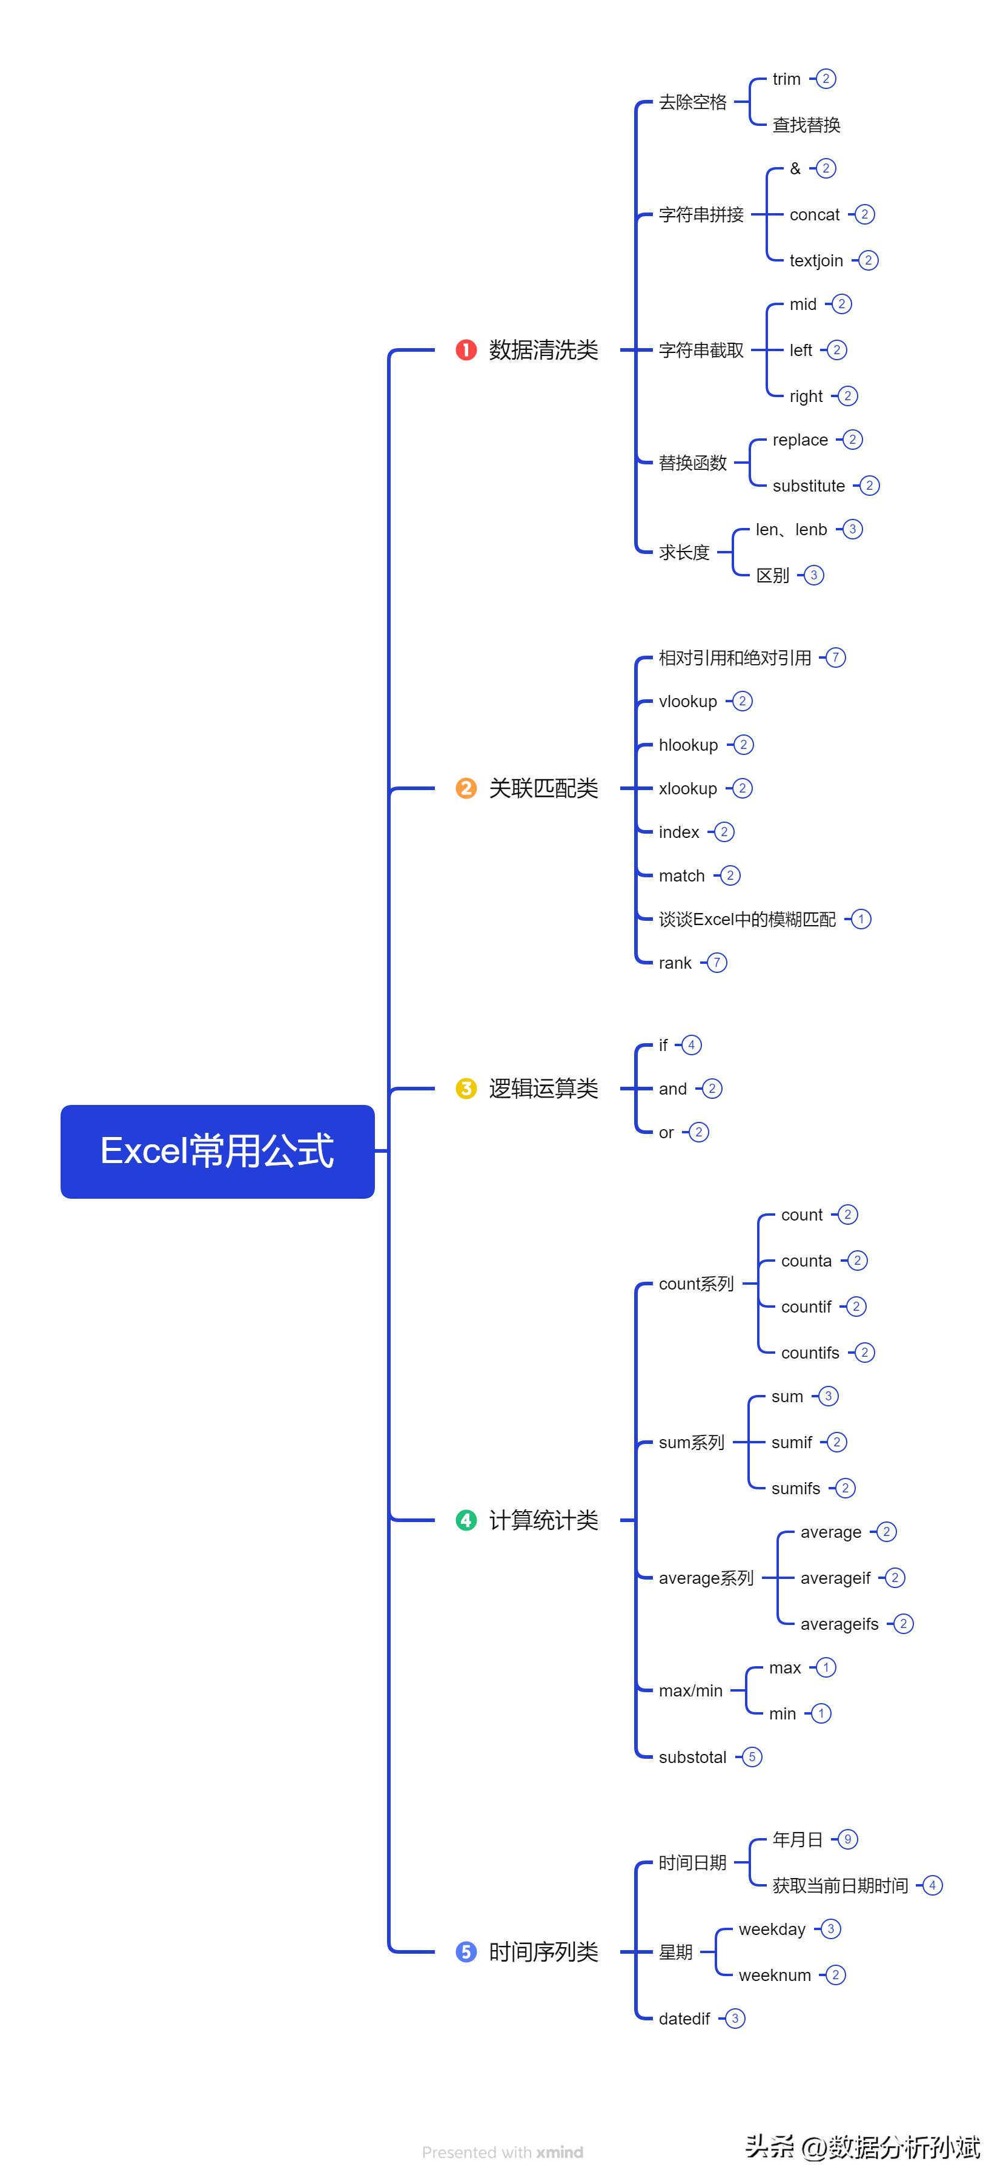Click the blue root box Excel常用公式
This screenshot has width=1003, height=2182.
pyautogui.click(x=217, y=1151)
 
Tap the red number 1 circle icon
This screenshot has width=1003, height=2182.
pyautogui.click(x=466, y=350)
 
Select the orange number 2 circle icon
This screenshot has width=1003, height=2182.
pyautogui.click(x=466, y=789)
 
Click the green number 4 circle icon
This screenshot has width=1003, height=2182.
pyautogui.click(x=466, y=1520)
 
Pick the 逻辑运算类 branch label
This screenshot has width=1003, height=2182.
pyautogui.click(x=543, y=1089)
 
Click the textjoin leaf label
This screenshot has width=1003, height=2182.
pyautogui.click(x=816, y=261)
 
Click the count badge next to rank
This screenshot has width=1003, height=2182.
pyautogui.click(x=717, y=963)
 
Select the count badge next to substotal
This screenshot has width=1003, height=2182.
pyautogui.click(x=752, y=1757)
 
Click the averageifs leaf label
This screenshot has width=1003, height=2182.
pyautogui.click(x=839, y=1624)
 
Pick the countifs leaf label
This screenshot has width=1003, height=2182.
pyautogui.click(x=810, y=1353)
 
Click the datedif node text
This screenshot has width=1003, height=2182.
pyautogui.click(x=684, y=2019)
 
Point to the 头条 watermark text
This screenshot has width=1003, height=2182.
pyautogui.click(x=769, y=2146)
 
